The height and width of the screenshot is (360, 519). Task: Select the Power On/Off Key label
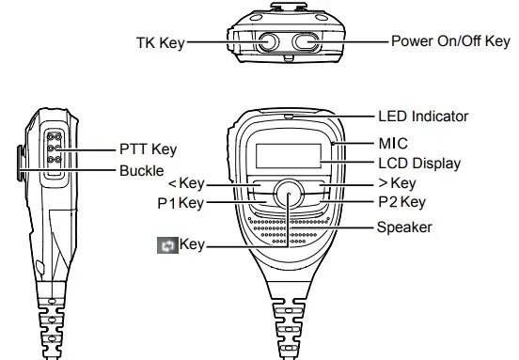(x=448, y=42)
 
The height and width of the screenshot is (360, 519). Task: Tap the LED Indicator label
(x=422, y=117)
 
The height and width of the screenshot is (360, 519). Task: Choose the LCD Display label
(x=419, y=164)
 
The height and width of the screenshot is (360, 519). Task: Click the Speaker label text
(x=404, y=227)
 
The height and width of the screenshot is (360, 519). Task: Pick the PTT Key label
(x=148, y=149)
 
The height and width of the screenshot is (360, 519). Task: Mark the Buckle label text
(x=142, y=171)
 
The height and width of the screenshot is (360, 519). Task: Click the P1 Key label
(x=180, y=201)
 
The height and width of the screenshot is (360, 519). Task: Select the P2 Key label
(x=401, y=201)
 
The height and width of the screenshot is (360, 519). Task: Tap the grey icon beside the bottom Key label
(x=166, y=245)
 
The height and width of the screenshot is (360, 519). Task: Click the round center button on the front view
(x=289, y=194)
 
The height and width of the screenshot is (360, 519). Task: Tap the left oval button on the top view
(x=266, y=42)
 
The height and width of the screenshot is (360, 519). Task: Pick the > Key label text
(x=396, y=183)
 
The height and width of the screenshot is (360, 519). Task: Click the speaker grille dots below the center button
(x=289, y=230)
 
